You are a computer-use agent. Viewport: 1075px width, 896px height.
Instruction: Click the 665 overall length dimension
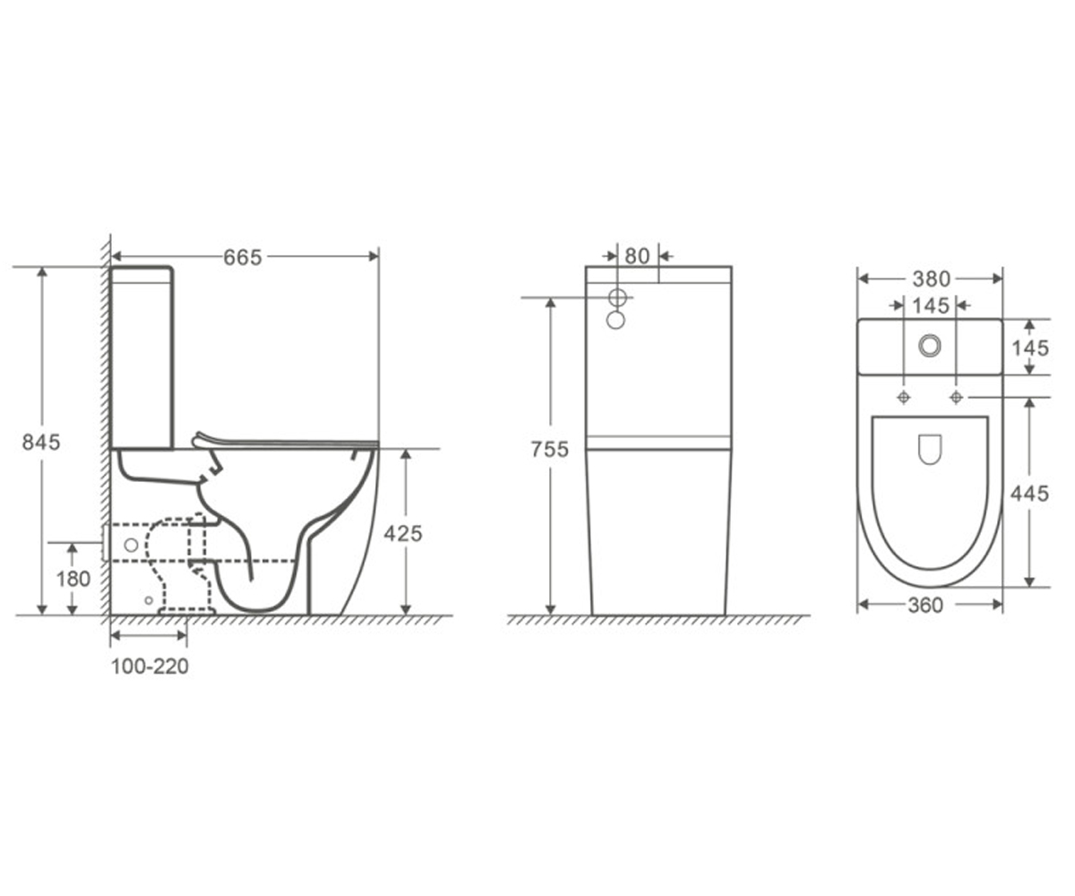pos(243,257)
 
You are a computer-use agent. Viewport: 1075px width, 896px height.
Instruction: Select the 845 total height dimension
pos(41,442)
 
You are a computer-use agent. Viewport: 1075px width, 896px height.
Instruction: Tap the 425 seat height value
pos(402,533)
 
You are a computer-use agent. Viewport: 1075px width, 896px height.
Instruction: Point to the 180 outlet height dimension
pos(73,579)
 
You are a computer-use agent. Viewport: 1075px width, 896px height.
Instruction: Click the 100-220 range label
pos(150,667)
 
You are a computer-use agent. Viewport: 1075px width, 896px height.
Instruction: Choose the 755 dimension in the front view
pos(550,449)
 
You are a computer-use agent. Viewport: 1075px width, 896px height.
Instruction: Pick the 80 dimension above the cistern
pos(637,256)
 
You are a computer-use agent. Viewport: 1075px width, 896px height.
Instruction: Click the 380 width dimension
pos(932,279)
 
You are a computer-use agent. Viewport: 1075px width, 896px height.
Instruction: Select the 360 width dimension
pos(925,605)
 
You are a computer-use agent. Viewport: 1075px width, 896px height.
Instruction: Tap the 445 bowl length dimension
pos(1029,494)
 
